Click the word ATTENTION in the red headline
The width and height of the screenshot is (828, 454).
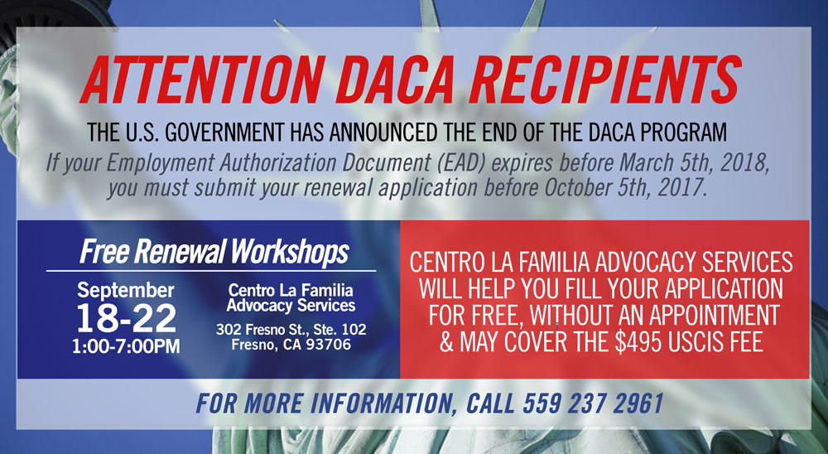tap(203, 79)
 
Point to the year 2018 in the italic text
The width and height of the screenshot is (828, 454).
tap(744, 162)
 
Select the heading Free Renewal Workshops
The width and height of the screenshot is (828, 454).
tap(214, 252)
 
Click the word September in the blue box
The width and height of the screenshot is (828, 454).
tap(126, 290)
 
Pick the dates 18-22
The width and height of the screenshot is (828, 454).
tap(126, 319)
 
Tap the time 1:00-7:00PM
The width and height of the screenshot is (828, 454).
tap(126, 346)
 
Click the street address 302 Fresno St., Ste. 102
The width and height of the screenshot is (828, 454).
tap(291, 329)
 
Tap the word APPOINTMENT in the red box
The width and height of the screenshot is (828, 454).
tap(714, 316)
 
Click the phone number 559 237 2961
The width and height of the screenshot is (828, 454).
tap(593, 403)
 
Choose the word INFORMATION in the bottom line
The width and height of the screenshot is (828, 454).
tap(375, 403)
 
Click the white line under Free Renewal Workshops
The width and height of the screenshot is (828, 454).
tap(211, 271)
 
